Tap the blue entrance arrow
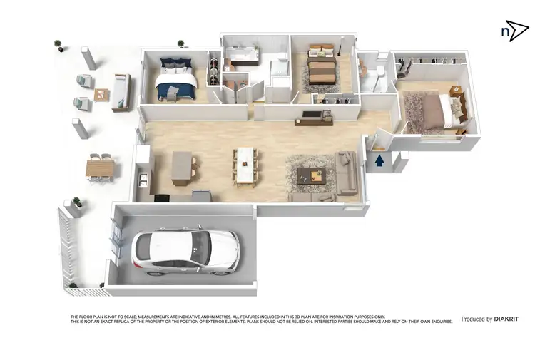click(379, 160)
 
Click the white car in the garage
click(185, 252)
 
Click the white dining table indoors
click(245, 165)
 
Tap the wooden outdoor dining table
click(99, 168)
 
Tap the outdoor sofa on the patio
click(121, 91)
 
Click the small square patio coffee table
click(102, 94)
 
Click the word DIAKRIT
click(511, 319)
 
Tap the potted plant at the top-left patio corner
click(58, 44)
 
